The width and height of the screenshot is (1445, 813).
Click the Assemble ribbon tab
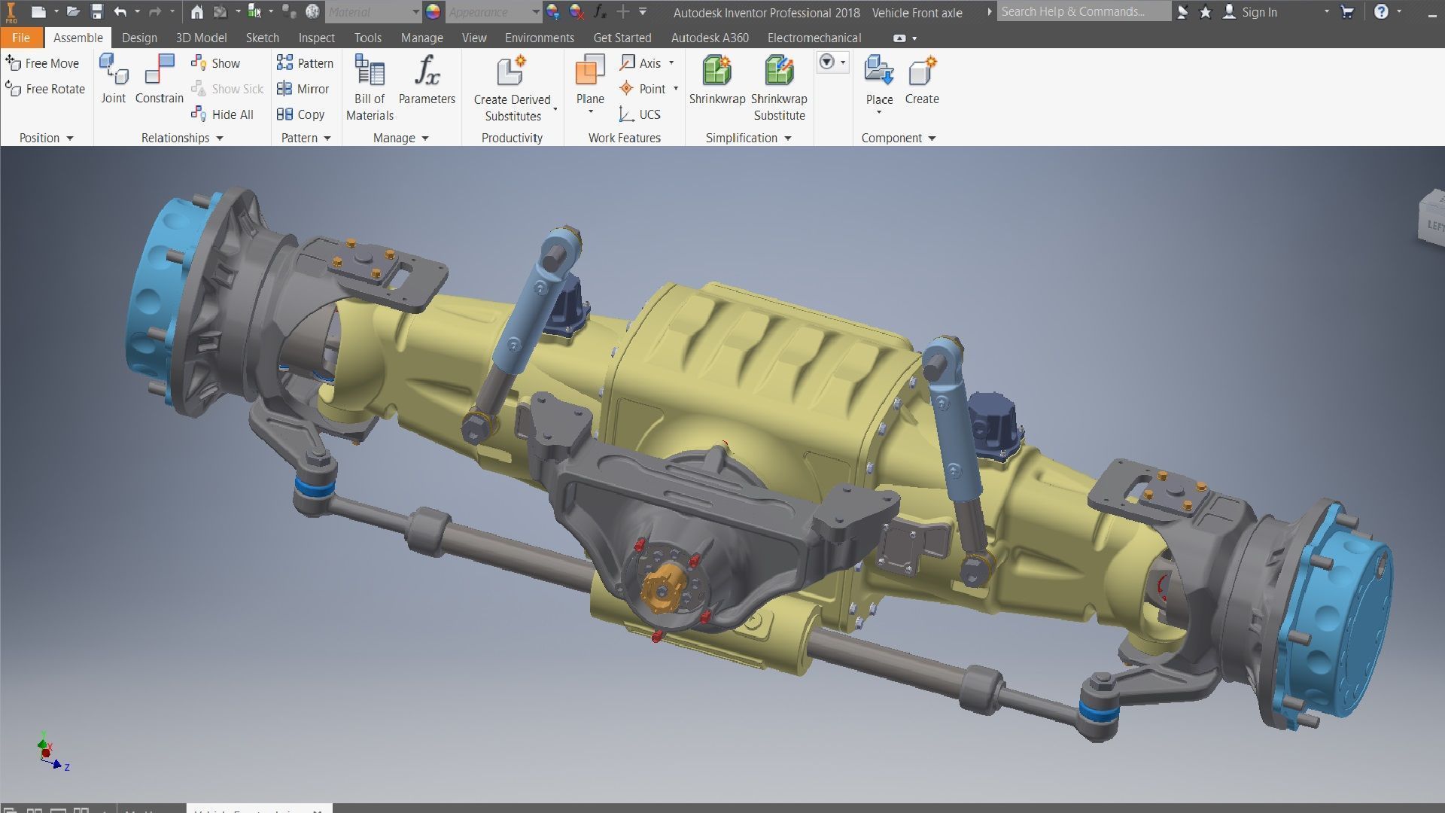pyautogui.click(x=78, y=38)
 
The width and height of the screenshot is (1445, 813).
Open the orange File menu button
pyautogui.click(x=21, y=38)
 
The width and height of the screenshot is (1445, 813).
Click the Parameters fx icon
pyautogui.click(x=427, y=71)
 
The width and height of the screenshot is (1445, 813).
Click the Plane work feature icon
pyautogui.click(x=590, y=71)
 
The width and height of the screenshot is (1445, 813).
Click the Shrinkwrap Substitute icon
pyautogui.click(x=779, y=71)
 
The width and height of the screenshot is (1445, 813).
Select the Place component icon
pyautogui.click(x=878, y=71)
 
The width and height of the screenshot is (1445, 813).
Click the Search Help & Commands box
pyautogui.click(x=1082, y=11)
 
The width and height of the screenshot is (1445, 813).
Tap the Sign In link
pyautogui.click(x=1258, y=12)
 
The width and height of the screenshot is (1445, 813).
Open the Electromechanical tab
pyautogui.click(x=814, y=38)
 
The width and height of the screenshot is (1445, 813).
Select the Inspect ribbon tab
pyautogui.click(x=316, y=38)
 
